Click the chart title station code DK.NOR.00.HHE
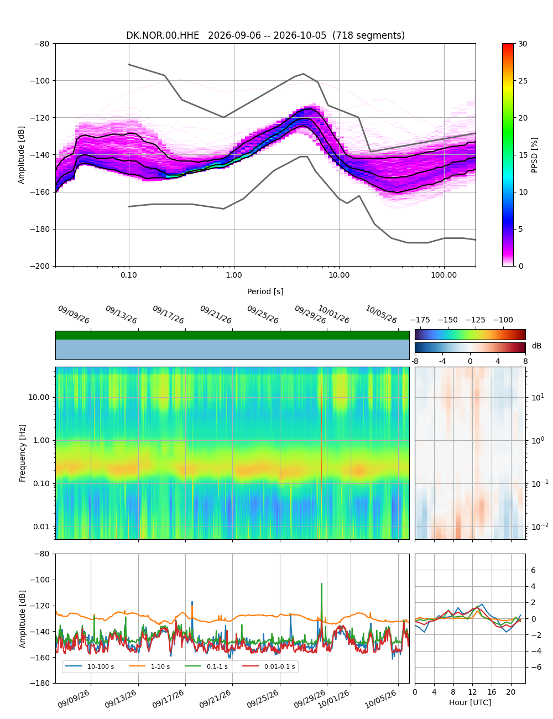(x=162, y=35)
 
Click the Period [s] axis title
(x=265, y=291)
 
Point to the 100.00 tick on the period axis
(x=444, y=275)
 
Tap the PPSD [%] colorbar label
(x=534, y=155)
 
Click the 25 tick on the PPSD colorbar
(x=523, y=81)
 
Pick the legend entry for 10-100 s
(x=89, y=666)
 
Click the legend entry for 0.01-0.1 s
(x=269, y=666)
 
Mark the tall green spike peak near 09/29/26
(x=321, y=584)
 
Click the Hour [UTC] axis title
(x=469, y=702)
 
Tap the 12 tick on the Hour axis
(x=472, y=692)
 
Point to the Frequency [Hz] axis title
(x=22, y=453)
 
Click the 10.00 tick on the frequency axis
(x=39, y=397)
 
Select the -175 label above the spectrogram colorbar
(x=420, y=320)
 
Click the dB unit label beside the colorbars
(x=536, y=346)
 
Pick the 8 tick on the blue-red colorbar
(x=525, y=361)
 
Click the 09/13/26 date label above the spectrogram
(x=121, y=314)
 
